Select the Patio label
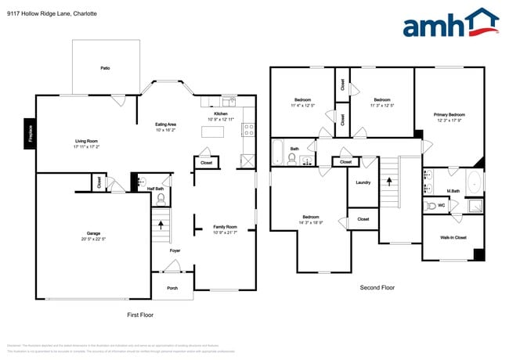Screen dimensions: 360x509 click(x=105, y=68)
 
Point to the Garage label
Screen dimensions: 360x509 click(x=94, y=233)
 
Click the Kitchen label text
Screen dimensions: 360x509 click(x=221, y=113)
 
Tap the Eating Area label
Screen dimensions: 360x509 click(x=165, y=124)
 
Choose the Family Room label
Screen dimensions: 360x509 click(x=225, y=226)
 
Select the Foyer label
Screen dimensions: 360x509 click(x=175, y=250)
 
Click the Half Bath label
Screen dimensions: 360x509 click(x=155, y=189)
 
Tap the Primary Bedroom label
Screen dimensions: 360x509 click(x=450, y=114)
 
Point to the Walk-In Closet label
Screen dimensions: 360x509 click(x=453, y=237)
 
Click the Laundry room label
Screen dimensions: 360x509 click(x=363, y=182)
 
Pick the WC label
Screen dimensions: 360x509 click(x=441, y=206)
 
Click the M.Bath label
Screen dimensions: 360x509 click(x=453, y=191)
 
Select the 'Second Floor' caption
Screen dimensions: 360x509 click(x=377, y=287)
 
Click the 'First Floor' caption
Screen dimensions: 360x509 click(x=140, y=315)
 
